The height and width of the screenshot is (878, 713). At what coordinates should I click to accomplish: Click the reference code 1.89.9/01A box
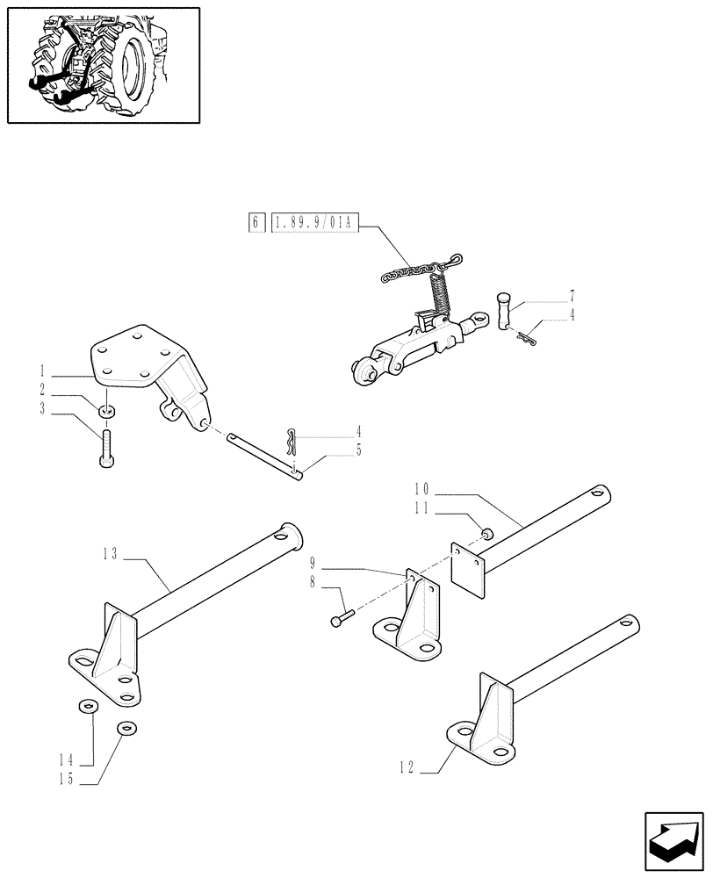point(312,223)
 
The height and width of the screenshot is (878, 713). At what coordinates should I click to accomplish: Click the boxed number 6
point(255,223)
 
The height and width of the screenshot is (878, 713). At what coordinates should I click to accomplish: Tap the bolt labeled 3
point(106,450)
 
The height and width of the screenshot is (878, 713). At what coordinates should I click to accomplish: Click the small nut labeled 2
point(105,411)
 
